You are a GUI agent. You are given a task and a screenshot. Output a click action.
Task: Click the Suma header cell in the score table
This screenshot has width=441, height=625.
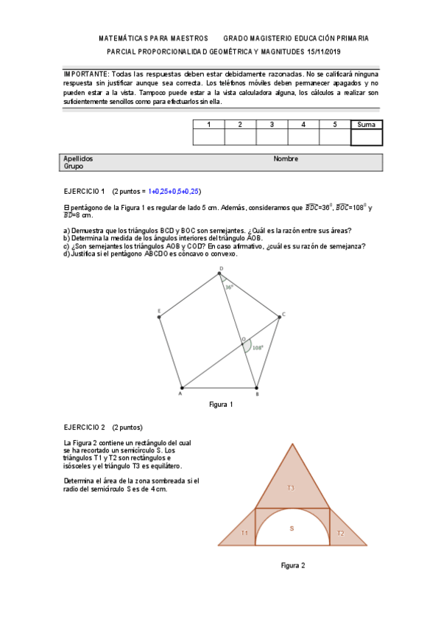tap(366, 125)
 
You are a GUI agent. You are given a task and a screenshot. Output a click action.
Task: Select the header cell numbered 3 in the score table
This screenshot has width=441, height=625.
tap(272, 125)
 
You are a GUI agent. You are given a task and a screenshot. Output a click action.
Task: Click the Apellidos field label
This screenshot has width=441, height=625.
tap(78, 158)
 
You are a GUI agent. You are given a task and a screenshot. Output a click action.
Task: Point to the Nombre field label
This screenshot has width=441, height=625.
tap(286, 158)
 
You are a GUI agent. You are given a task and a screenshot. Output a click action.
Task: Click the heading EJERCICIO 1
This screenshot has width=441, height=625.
tap(84, 190)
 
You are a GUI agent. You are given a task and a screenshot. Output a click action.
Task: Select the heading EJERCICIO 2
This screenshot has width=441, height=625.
tap(84, 427)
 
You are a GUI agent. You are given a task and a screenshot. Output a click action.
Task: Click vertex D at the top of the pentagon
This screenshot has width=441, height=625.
tap(220, 276)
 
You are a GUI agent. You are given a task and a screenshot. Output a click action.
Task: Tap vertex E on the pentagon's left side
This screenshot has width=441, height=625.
tap(159, 317)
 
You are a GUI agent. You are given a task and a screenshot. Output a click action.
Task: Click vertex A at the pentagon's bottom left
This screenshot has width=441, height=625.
tap(182, 388)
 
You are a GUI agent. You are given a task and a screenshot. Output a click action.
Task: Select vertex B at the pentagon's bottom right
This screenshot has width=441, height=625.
tap(256, 388)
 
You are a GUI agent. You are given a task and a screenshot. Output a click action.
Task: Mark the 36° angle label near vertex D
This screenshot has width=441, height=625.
tap(229, 287)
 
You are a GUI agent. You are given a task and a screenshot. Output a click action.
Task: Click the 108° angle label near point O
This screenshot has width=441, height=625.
tap(258, 347)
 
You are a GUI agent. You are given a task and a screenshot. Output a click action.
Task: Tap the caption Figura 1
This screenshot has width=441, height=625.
tap(221, 405)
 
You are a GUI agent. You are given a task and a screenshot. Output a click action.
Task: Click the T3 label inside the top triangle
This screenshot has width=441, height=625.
tap(290, 488)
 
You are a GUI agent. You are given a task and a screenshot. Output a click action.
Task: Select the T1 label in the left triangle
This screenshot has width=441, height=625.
tap(244, 533)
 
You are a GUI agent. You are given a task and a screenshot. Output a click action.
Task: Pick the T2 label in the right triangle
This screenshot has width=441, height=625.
tap(340, 533)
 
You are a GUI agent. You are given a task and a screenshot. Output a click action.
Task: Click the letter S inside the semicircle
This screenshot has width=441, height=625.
tap(292, 528)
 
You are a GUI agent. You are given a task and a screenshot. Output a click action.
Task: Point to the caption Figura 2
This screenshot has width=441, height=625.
tap(293, 565)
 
